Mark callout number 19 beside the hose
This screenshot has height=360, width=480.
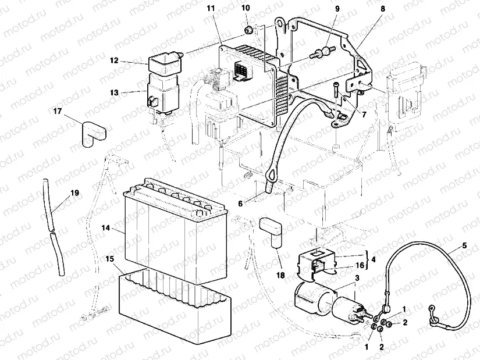pos(74,193)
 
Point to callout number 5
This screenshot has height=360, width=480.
pos(464,245)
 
